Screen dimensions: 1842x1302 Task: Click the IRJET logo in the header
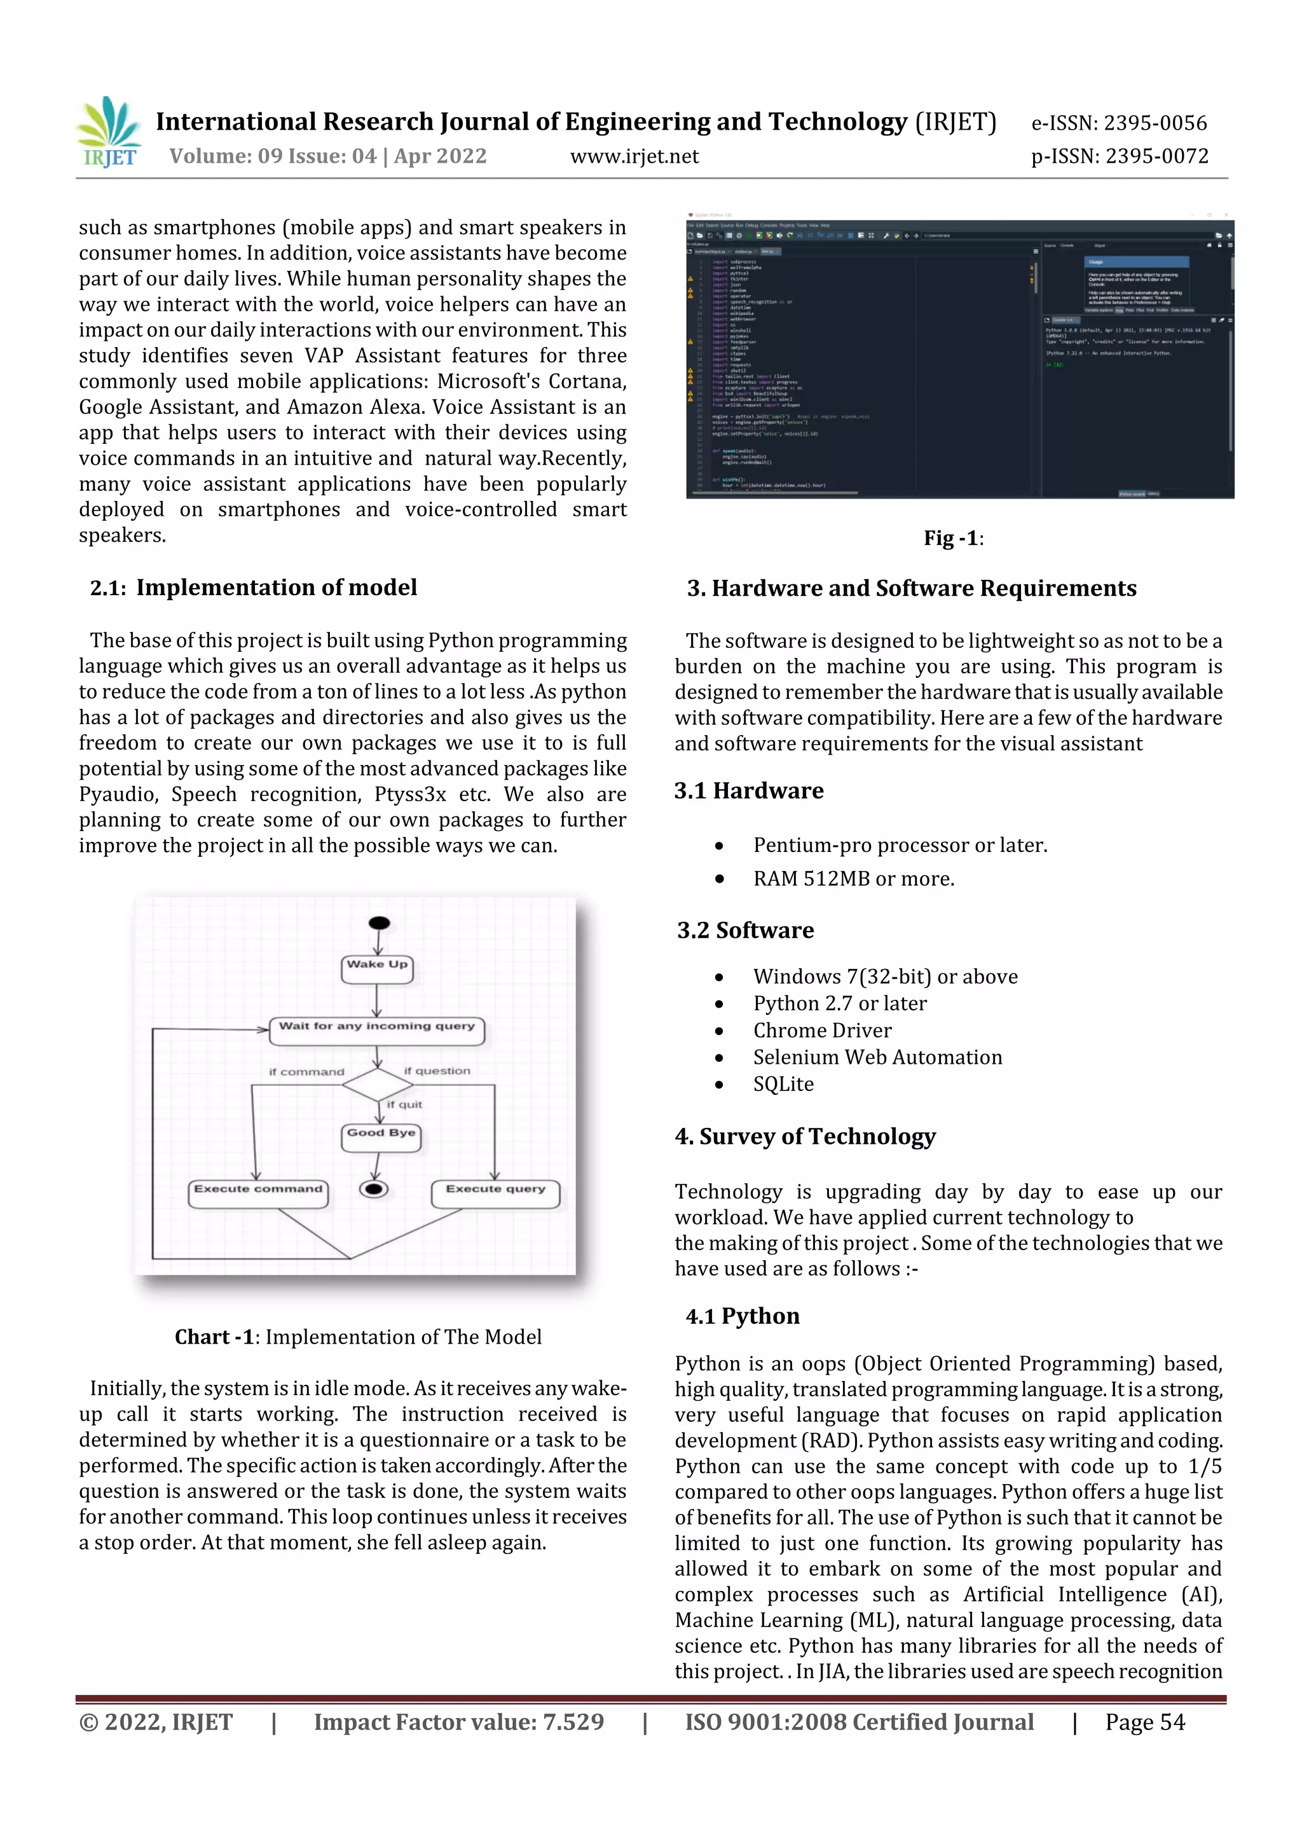tap(109, 133)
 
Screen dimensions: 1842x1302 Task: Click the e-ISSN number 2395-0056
tap(1119, 123)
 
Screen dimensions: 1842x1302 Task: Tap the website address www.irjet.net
tap(634, 156)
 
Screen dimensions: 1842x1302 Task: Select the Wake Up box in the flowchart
tap(378, 968)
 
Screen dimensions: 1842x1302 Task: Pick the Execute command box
tap(258, 1192)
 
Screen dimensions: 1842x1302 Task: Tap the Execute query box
tap(495, 1192)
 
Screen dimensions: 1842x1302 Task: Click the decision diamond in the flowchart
tap(377, 1085)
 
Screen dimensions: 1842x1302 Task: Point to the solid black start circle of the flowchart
tap(380, 923)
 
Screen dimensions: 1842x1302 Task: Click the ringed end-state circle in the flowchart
tap(374, 1188)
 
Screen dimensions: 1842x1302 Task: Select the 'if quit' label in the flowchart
tap(404, 1104)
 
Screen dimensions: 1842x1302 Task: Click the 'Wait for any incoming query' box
tap(377, 1029)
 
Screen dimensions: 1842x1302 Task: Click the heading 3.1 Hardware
tap(748, 790)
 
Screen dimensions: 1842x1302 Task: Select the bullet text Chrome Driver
tap(821, 1030)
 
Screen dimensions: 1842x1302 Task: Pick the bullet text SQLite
tap(783, 1084)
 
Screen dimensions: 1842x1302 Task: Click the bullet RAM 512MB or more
tap(854, 879)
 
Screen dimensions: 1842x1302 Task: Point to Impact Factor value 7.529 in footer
tap(459, 1722)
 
